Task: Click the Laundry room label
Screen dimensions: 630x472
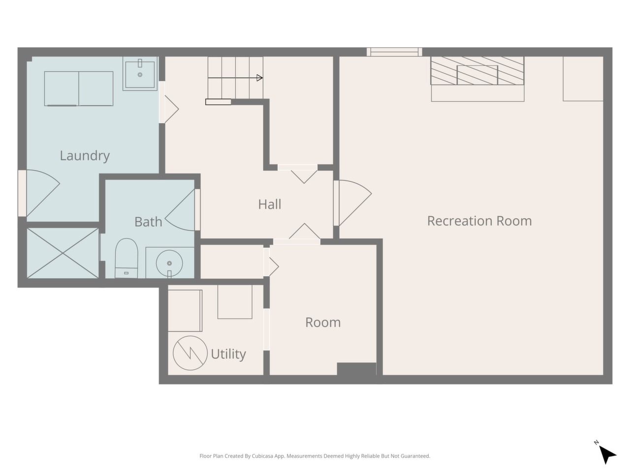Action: [x=85, y=156]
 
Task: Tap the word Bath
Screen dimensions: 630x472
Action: [x=148, y=222]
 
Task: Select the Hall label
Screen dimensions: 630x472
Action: [x=270, y=205]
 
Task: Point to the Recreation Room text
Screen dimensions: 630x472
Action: [x=479, y=221]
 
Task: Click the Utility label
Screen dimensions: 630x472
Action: [x=228, y=354]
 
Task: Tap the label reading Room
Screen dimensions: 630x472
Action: [x=323, y=323]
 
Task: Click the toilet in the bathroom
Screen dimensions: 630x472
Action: [x=126, y=258]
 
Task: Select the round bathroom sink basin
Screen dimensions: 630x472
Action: [x=169, y=263]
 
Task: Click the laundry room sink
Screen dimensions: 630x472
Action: [x=140, y=74]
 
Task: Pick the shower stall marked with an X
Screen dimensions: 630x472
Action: [x=63, y=253]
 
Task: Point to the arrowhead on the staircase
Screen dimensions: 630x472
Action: [x=259, y=78]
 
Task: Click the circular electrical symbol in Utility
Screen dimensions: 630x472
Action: [x=190, y=353]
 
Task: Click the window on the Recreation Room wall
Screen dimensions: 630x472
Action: [x=394, y=52]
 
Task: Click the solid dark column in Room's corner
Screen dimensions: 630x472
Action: [x=356, y=369]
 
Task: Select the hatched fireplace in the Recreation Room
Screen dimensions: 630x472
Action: [x=477, y=70]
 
